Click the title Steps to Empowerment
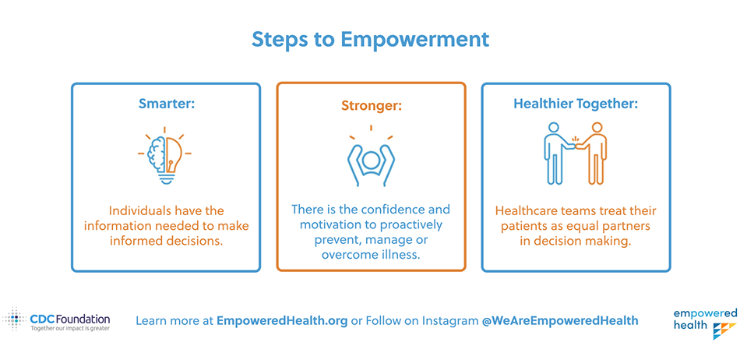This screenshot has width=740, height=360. [370, 40]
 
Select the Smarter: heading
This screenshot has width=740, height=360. [166, 104]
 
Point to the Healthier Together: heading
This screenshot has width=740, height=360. [576, 104]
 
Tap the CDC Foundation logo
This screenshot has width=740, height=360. [57, 319]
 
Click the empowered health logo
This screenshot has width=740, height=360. [705, 323]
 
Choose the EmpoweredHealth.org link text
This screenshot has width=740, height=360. [282, 321]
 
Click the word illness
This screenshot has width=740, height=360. [405, 256]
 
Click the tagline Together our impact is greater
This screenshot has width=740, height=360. [70, 328]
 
